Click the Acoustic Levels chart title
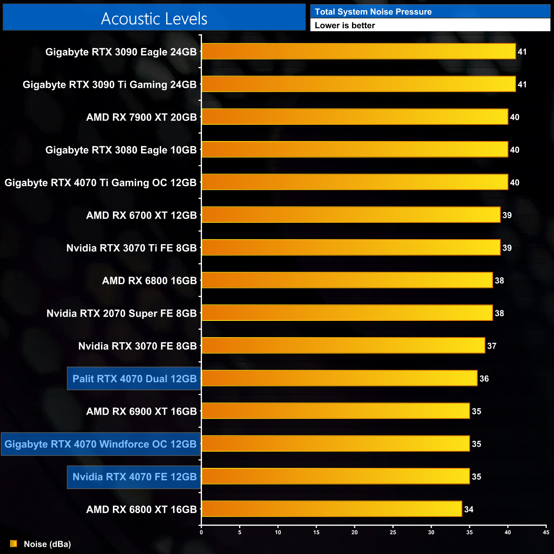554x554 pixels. click(x=154, y=19)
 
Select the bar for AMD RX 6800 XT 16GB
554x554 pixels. click(x=332, y=509)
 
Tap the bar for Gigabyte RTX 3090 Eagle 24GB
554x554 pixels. click(x=358, y=52)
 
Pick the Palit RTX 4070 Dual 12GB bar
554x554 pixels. click(x=339, y=378)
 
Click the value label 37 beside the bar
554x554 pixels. click(x=492, y=346)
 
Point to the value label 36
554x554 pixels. click(x=484, y=378)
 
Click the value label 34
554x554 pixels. click(x=469, y=509)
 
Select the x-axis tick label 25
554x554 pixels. click(x=393, y=532)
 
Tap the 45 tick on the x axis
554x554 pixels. click(x=546, y=532)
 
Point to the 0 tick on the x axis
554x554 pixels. click(x=202, y=532)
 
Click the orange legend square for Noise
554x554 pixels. click(x=14, y=544)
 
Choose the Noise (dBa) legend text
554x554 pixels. click(x=47, y=544)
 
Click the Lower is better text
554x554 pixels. click(x=345, y=26)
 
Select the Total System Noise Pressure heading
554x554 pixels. click(x=373, y=12)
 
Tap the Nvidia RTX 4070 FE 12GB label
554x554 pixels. click(x=134, y=477)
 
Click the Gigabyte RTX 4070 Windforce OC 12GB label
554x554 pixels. click(x=101, y=444)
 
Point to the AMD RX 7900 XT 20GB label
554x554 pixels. click(x=141, y=117)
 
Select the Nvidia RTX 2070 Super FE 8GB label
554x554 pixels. click(x=121, y=313)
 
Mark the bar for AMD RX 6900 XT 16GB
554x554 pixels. click(x=335, y=411)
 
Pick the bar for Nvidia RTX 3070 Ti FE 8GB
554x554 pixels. click(x=351, y=248)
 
